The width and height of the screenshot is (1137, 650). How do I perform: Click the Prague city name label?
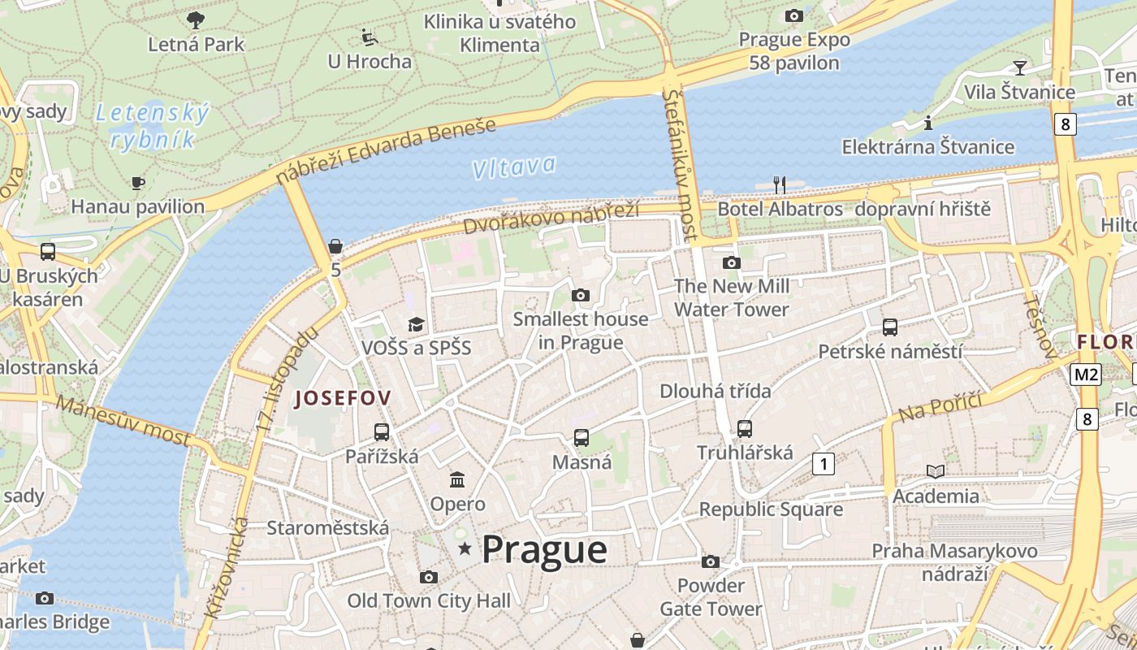click(544, 550)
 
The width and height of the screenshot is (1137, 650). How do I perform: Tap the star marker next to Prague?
click(465, 549)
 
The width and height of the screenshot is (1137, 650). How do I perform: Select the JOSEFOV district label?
click(343, 398)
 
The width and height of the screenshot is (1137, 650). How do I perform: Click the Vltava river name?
click(514, 167)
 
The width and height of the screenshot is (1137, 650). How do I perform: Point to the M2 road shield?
click(1085, 375)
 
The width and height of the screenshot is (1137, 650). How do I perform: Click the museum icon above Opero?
click(457, 480)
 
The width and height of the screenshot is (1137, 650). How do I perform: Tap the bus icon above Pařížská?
click(382, 432)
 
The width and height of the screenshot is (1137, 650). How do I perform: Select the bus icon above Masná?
click(581, 438)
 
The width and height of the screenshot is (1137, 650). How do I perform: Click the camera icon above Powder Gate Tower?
click(711, 561)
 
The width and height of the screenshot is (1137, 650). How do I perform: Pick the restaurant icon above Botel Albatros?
click(780, 185)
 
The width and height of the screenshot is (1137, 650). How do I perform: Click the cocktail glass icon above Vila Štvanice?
click(1019, 67)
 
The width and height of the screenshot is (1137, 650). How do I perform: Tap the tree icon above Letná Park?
click(196, 20)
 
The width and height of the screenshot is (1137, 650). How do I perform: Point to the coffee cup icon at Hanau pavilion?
click(138, 183)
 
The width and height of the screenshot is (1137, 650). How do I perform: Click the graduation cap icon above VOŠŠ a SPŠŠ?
click(416, 324)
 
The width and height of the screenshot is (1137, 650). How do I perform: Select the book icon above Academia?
click(936, 471)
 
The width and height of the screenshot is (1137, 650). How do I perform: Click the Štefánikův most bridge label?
click(681, 165)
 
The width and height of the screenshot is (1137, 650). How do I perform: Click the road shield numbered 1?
click(824, 464)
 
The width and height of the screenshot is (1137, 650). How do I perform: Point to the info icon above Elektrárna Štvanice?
click(928, 123)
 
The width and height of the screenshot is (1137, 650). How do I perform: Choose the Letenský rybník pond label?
click(153, 126)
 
